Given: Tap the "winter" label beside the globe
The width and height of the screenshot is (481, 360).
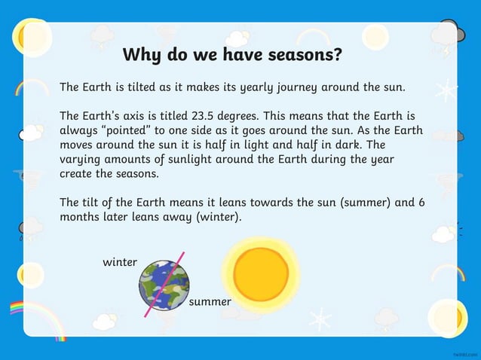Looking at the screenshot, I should tap(120, 263).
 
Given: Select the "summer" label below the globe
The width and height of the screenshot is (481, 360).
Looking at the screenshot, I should tap(210, 302).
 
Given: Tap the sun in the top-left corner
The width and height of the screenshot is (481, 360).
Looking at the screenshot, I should tap(30, 34).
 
